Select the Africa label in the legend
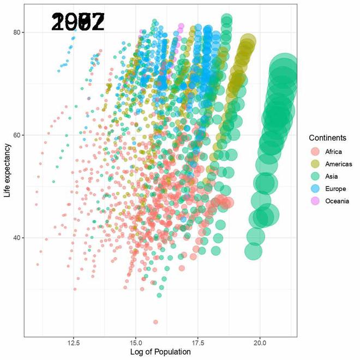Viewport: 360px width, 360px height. tap(333, 152)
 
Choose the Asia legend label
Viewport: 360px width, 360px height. tap(331, 176)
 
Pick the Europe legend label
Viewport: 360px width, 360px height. tap(335, 189)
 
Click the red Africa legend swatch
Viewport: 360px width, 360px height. tap(315, 152)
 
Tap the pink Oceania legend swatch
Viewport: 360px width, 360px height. tap(315, 201)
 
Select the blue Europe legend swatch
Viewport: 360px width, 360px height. tap(315, 189)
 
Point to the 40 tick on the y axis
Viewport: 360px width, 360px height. tap(17, 238)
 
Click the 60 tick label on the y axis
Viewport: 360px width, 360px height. tap(17, 135)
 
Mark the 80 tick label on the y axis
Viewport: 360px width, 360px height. tap(17, 32)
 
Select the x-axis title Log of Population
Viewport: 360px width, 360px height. tap(160, 352)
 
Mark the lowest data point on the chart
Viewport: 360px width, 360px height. tap(155, 322)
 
